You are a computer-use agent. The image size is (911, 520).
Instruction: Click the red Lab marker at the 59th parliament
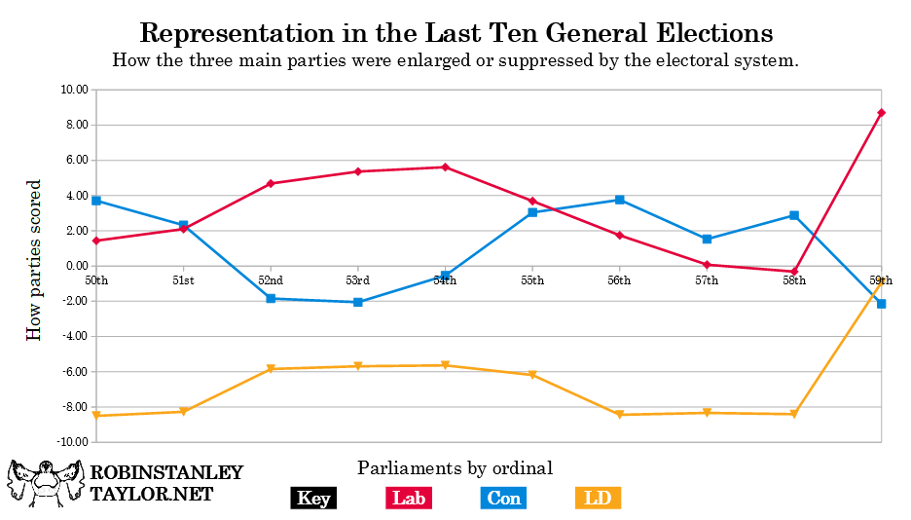pyautogui.click(x=881, y=113)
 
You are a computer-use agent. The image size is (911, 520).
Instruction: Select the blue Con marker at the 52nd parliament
pyautogui.click(x=271, y=298)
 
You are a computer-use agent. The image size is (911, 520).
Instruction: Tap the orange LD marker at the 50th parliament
pyautogui.click(x=96, y=416)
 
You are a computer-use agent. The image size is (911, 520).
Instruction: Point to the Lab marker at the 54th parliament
pyautogui.click(x=445, y=167)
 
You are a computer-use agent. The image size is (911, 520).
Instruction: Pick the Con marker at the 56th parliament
pyautogui.click(x=619, y=200)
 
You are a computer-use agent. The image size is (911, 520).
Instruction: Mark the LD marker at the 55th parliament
pyautogui.click(x=532, y=375)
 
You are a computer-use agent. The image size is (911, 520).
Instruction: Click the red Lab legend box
pyautogui.click(x=409, y=499)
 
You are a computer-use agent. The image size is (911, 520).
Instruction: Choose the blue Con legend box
pyautogui.click(x=504, y=499)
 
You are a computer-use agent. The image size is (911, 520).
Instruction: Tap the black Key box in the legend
pyautogui.click(x=313, y=499)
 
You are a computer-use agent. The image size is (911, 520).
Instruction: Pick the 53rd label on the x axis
pyautogui.click(x=357, y=280)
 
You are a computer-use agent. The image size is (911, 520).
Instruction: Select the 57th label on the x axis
pyautogui.click(x=707, y=280)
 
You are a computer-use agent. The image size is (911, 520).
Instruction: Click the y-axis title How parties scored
pyautogui.click(x=34, y=260)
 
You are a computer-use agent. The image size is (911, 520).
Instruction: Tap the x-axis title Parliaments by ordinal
pyautogui.click(x=455, y=468)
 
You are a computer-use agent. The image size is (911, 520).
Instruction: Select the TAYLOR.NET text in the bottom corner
pyautogui.click(x=151, y=494)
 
